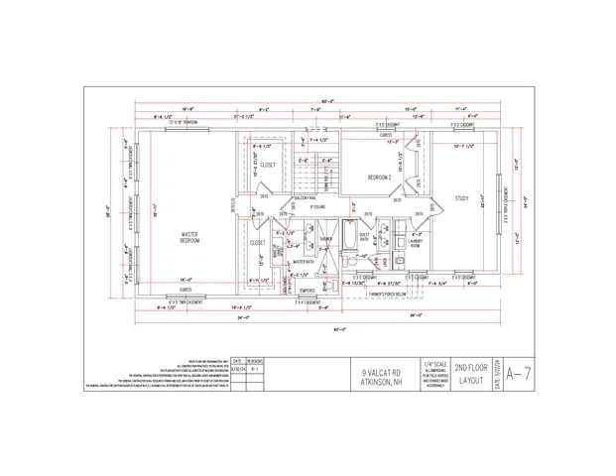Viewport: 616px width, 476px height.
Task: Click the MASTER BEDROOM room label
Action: [x=189, y=237]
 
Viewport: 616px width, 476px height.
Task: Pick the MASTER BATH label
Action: [x=303, y=262]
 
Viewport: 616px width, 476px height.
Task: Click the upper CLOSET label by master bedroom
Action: [x=268, y=165]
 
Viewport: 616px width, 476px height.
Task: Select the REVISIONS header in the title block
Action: [x=254, y=362]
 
